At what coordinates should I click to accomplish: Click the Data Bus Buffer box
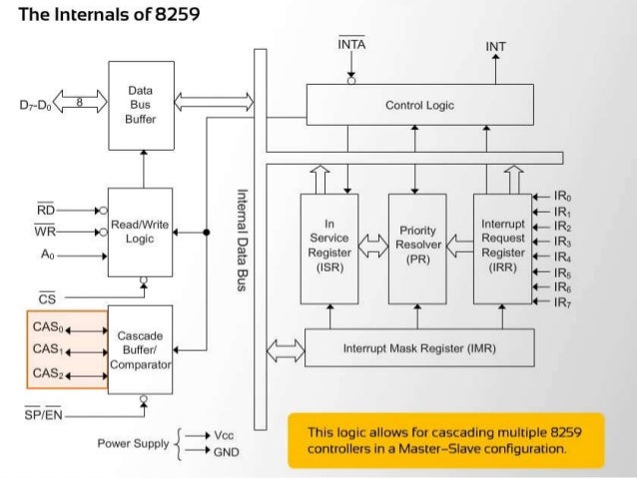pos(142,106)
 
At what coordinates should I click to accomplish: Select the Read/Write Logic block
pos(140,233)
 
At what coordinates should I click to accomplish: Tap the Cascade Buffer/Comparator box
pos(140,349)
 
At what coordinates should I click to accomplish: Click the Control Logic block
pos(420,105)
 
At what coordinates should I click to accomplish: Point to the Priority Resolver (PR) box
pos(417,248)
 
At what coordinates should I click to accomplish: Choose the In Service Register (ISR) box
pos(329,248)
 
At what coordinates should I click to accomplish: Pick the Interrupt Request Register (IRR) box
pos(503,248)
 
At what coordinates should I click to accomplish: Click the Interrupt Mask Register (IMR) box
pos(419,348)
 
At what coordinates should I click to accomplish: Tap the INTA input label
pos(351,43)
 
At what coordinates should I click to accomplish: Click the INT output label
pos(495,47)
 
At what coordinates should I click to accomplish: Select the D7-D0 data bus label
pos(35,105)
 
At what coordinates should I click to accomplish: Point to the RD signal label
pos(46,210)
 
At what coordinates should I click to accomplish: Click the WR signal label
pos(45,231)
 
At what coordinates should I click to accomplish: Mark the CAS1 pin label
pos(48,349)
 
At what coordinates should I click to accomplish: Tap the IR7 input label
pos(563,302)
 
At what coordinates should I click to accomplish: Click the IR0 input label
pos(563,197)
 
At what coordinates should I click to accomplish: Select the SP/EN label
pos(44,414)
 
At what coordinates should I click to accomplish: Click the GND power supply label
pos(227,452)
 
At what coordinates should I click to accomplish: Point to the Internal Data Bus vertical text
pos(242,240)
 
